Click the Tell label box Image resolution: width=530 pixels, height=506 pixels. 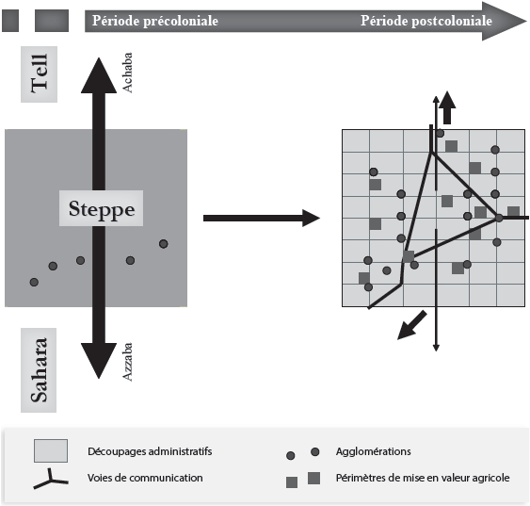tap(39, 74)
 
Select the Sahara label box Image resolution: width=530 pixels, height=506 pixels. tap(39, 370)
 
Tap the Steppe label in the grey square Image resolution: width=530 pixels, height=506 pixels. tap(101, 208)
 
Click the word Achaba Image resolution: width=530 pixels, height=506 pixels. tap(127, 73)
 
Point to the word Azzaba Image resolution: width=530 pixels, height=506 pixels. tap(127, 362)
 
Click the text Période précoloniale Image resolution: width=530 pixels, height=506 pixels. tap(155, 21)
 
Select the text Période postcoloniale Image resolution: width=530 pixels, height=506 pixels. tap(426, 21)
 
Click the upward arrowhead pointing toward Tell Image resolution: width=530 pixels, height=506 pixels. tap(99, 76)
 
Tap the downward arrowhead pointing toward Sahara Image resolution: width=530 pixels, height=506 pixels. tap(99, 361)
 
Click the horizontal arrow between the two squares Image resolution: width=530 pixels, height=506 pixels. tap(262, 218)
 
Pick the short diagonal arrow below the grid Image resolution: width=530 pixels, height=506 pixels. tap(412, 325)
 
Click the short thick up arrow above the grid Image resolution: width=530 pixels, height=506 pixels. tap(447, 107)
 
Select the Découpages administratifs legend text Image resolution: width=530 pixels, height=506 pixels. tap(150, 451)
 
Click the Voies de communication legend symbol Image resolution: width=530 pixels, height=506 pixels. tap(51, 480)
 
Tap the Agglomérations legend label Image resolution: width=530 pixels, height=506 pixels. tap(373, 451)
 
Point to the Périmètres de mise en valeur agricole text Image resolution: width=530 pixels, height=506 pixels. tap(423, 478)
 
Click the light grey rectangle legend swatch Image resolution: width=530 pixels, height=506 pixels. tap(51, 450)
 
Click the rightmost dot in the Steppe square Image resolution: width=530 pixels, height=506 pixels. tap(164, 244)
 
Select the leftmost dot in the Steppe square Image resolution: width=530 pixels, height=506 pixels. tap(34, 282)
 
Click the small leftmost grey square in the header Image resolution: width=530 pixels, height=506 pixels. tap(10, 21)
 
